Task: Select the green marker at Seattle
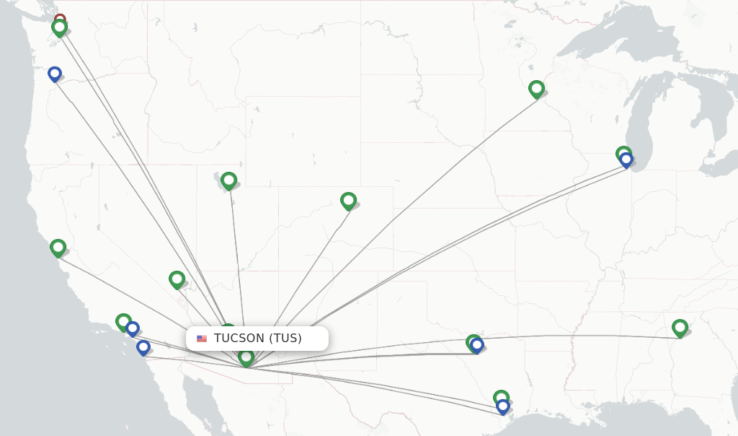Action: pyautogui.click(x=60, y=28)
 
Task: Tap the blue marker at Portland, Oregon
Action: pyautogui.click(x=55, y=74)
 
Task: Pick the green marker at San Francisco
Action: pyautogui.click(x=58, y=248)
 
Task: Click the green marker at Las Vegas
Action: pyautogui.click(x=177, y=279)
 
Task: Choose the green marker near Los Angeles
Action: pyautogui.click(x=123, y=321)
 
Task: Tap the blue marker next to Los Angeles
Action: pyautogui.click(x=133, y=328)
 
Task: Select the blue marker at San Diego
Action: pyautogui.click(x=143, y=347)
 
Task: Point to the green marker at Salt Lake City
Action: pyautogui.click(x=228, y=180)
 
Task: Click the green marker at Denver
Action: pyautogui.click(x=348, y=200)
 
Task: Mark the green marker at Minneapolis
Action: pyautogui.click(x=536, y=89)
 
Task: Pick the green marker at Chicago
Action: pyautogui.click(x=623, y=152)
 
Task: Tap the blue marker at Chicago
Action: pyautogui.click(x=626, y=160)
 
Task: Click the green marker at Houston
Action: pyautogui.click(x=501, y=397)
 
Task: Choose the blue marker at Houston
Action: pyautogui.click(x=503, y=406)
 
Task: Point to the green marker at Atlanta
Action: pyautogui.click(x=680, y=328)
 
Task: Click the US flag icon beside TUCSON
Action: pyautogui.click(x=202, y=339)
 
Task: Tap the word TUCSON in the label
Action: pyautogui.click(x=239, y=338)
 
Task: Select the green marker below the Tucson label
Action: pyautogui.click(x=246, y=357)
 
